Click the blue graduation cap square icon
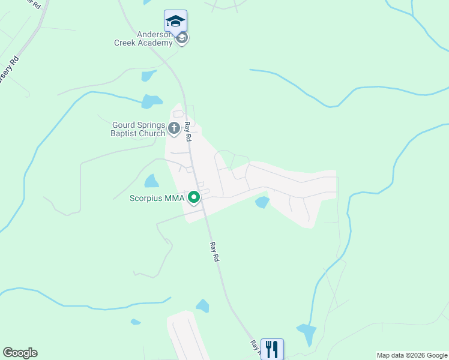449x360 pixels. (x=175, y=21)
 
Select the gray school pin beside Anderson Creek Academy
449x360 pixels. (x=182, y=39)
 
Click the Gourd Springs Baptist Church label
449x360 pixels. (x=138, y=129)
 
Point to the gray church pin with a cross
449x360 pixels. (x=174, y=128)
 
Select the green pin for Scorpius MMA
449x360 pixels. (x=194, y=197)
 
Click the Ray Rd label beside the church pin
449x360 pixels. (x=188, y=131)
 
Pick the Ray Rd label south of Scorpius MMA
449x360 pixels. (x=215, y=251)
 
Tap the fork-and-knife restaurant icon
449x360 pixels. (x=272, y=349)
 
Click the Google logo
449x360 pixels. (x=20, y=353)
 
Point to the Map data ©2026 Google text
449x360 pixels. (x=412, y=355)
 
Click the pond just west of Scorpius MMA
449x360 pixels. (x=152, y=181)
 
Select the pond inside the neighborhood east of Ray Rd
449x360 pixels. (x=262, y=202)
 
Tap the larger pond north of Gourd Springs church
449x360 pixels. (x=152, y=101)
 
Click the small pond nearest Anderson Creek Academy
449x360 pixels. (x=148, y=76)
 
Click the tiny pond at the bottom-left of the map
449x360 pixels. (x=136, y=322)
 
